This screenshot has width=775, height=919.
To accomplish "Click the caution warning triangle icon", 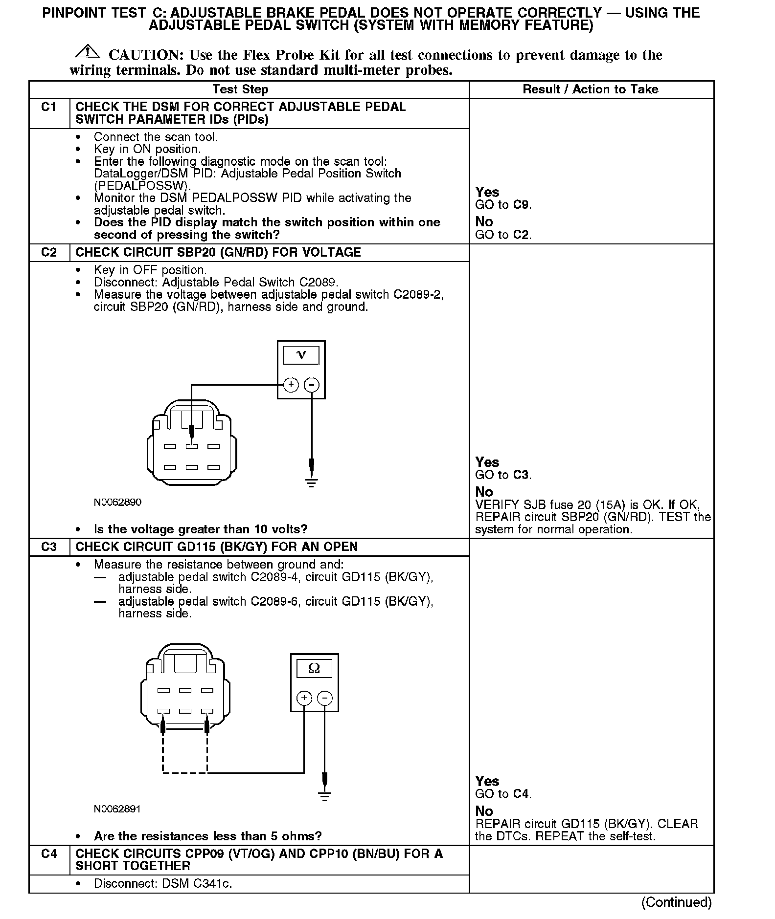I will tap(87, 51).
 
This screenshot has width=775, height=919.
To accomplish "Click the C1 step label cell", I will tap(49, 107).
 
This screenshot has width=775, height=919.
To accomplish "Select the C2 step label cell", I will tap(49, 252).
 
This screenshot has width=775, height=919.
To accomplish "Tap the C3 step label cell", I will tap(49, 547).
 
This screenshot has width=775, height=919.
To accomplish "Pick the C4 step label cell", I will tap(49, 853).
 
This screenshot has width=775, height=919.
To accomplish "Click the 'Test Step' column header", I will tap(240, 89).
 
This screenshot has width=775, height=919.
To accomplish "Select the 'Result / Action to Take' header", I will tap(591, 89).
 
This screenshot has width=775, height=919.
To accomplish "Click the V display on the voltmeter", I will tap(301, 355).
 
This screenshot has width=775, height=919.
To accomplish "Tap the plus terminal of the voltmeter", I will tap(291, 385).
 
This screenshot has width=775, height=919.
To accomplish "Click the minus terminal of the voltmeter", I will tap(312, 385).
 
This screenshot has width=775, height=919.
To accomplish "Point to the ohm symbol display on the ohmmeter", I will tap(314, 668).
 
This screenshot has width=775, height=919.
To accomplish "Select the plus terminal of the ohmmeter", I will tap(304, 698).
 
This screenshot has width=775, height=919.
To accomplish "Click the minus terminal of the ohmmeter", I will tap(325, 698).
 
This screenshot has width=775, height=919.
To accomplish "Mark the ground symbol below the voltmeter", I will tap(312, 482).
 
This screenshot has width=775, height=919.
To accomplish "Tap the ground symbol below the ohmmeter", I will tap(325, 796).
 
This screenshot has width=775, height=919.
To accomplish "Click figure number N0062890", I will tap(117, 502).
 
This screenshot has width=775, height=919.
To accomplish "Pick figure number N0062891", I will tap(117, 809).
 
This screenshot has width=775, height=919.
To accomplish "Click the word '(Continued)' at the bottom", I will tap(676, 902).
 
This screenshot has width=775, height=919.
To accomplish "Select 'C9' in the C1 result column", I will tap(521, 205).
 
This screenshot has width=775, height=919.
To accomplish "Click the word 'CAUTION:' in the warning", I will tap(146, 55).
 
